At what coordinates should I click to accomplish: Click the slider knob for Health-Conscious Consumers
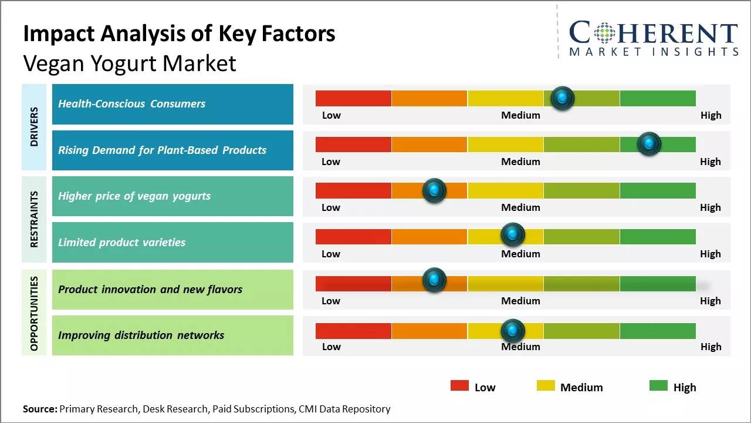coord(563,98)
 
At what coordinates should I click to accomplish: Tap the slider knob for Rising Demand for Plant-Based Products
coord(649,144)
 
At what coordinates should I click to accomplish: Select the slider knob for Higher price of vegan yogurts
coord(434,190)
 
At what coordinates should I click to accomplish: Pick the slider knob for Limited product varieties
coord(513,235)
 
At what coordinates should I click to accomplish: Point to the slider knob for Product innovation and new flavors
coord(434,280)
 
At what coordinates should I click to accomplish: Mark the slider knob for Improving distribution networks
coord(513,331)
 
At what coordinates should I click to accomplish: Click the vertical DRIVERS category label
coord(34,127)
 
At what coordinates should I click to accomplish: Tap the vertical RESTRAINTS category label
coord(34,219)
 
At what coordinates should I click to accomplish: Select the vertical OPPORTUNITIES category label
coord(34,313)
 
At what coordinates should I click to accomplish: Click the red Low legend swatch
coord(459,385)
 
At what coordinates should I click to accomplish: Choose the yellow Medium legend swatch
coord(546,385)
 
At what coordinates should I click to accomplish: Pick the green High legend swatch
coord(658,385)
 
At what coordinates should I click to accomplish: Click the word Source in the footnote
coord(40,409)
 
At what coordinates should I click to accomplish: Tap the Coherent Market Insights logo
coord(653,39)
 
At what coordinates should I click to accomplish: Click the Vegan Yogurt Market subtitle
coord(130,63)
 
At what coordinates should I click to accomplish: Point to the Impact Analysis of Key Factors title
coord(179,34)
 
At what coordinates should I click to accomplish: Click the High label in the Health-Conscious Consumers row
coord(711,115)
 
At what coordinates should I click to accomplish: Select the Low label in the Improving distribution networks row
coord(331,347)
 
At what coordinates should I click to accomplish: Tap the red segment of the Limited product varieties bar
coord(353,236)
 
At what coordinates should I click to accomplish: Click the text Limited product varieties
coord(121,242)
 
